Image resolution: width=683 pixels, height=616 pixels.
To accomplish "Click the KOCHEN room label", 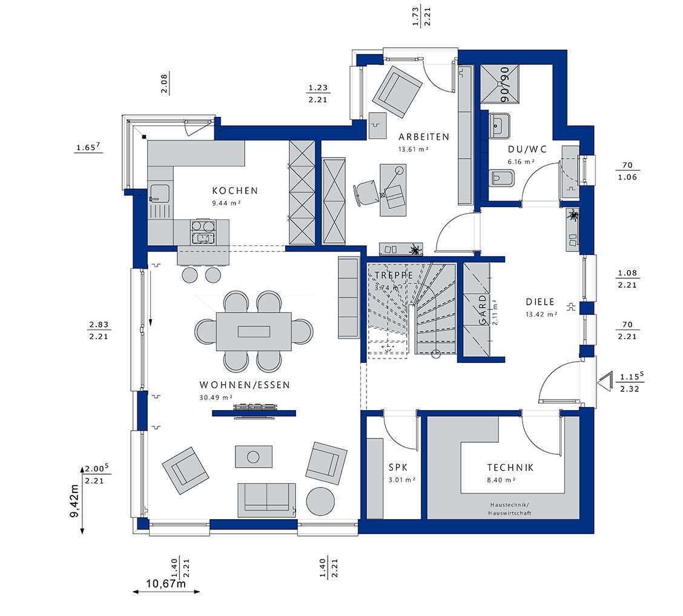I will pos(235,190).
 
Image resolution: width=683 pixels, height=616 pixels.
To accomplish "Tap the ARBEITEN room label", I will pos(423,137).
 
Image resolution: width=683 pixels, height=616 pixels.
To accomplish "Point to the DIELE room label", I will pos(540,301).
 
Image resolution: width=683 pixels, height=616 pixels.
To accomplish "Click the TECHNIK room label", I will pos(510,467).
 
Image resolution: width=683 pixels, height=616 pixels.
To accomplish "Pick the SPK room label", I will pos(398,468).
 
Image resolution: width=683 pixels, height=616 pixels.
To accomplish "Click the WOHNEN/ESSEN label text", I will pos(244,385).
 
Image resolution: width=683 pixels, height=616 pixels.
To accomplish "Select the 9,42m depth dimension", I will pos(74,501).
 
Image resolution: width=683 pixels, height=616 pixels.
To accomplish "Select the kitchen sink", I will pos(159,194).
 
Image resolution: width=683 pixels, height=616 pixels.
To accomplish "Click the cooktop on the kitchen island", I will pos(203,231).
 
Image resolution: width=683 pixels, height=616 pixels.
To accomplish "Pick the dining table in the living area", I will pos(254,331).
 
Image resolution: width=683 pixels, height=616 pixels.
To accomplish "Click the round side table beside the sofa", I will pos(320,502).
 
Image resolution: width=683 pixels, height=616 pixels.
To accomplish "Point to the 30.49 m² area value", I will pos(216,397).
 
